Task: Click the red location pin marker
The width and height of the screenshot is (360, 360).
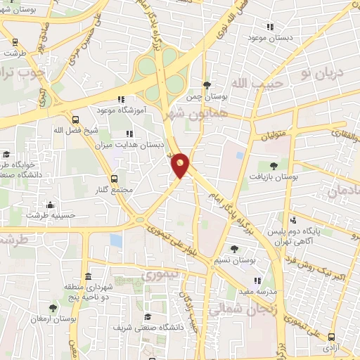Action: [181, 165]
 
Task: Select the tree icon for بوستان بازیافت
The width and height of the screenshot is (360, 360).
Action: [273, 165]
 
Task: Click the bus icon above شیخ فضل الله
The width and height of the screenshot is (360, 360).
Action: [75, 119]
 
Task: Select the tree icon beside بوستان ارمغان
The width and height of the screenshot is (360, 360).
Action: [53, 307]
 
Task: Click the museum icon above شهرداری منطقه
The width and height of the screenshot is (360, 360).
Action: [88, 276]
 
